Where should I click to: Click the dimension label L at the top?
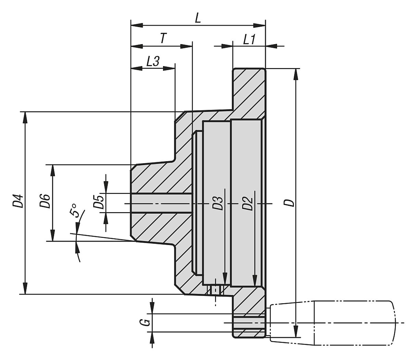pos(198,18)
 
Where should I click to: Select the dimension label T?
pos(163,38)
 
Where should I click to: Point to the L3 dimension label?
pos(152,62)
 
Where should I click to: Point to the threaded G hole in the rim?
pos(249,323)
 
